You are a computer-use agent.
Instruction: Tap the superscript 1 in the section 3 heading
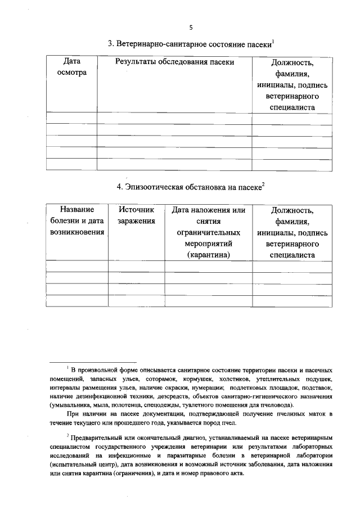[273, 40]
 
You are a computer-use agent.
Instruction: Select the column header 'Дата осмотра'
[72, 68]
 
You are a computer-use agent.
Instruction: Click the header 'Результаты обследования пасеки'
[174, 62]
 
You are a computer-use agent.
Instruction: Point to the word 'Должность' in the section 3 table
[292, 63]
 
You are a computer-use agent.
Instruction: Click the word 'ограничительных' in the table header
[209, 232]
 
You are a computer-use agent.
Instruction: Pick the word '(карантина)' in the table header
[209, 255]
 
